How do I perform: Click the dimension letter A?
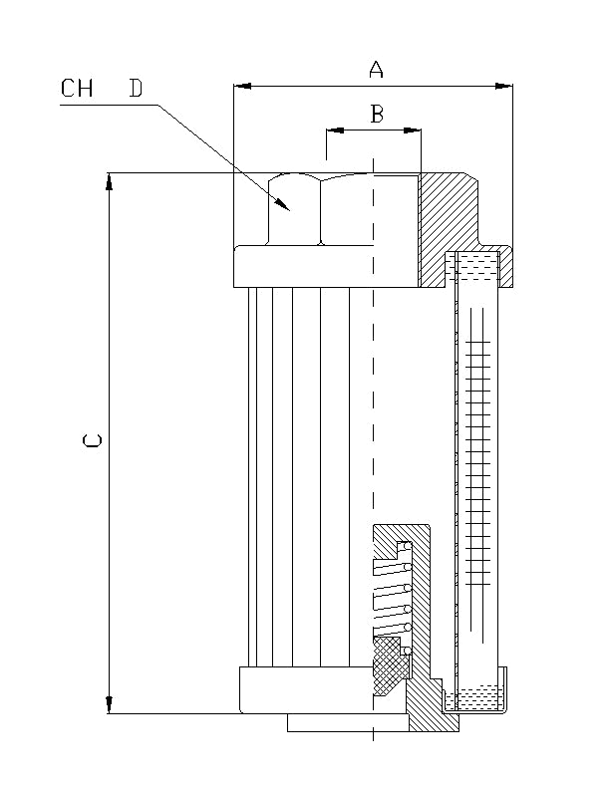click(376, 69)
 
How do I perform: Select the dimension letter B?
click(377, 115)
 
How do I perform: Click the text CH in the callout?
click(77, 89)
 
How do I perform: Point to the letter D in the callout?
click(135, 89)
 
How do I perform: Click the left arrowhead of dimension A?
click(240, 87)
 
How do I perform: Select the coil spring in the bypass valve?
click(392, 598)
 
